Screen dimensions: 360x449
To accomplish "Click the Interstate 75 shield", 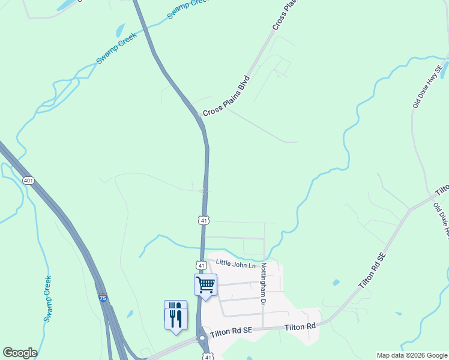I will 103,298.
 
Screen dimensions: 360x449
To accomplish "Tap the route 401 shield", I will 28,181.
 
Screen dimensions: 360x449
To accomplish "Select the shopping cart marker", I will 205,285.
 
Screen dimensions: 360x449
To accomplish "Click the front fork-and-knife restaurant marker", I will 176,317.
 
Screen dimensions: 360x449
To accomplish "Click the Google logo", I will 20,353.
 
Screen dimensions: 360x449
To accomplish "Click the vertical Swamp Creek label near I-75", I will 47,299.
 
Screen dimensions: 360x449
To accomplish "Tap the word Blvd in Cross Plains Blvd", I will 244,83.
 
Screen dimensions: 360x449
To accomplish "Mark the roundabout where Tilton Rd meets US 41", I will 202,338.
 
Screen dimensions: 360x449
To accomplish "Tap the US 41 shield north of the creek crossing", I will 204,221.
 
